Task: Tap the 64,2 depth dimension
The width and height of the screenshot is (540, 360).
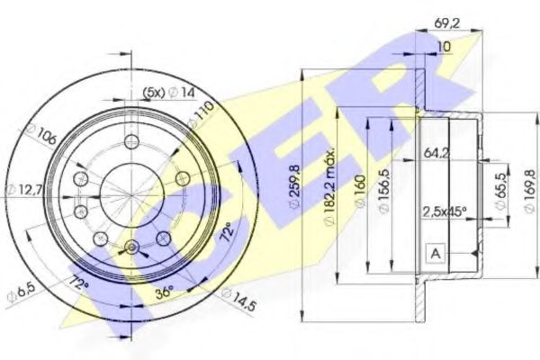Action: click(437, 154)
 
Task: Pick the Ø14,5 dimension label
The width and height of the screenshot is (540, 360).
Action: click(237, 298)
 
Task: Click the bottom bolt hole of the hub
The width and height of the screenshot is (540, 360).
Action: click(133, 247)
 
